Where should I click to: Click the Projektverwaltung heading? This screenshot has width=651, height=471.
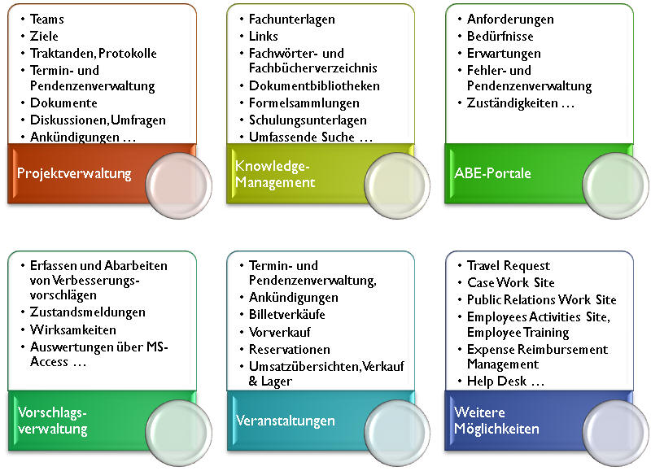[74, 173]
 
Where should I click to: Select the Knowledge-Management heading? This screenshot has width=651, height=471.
[275, 174]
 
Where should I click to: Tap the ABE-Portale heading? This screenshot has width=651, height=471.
[492, 172]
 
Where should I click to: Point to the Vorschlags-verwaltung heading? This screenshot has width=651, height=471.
[53, 421]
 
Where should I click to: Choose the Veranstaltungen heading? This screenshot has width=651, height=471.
[286, 421]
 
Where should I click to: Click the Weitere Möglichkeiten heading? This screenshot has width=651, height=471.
[496, 420]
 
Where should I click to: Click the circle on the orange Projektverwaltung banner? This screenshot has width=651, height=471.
[178, 185]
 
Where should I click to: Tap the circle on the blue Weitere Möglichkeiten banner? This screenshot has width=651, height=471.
[616, 433]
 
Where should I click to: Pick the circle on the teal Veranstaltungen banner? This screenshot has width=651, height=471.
[397, 433]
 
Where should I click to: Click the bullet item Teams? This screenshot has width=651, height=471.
[47, 19]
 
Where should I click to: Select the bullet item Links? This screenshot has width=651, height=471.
[263, 36]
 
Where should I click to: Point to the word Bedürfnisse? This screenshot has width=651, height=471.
[500, 36]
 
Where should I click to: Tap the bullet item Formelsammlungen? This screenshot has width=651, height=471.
[304, 103]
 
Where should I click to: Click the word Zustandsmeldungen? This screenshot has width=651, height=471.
[88, 312]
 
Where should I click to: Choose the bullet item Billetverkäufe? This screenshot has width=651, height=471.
[286, 315]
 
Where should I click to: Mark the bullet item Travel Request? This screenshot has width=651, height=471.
[508, 265]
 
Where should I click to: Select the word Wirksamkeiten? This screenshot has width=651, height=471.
[73, 330]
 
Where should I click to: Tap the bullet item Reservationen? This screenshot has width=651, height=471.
[290, 350]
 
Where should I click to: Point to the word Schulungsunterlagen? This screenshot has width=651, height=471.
[308, 120]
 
